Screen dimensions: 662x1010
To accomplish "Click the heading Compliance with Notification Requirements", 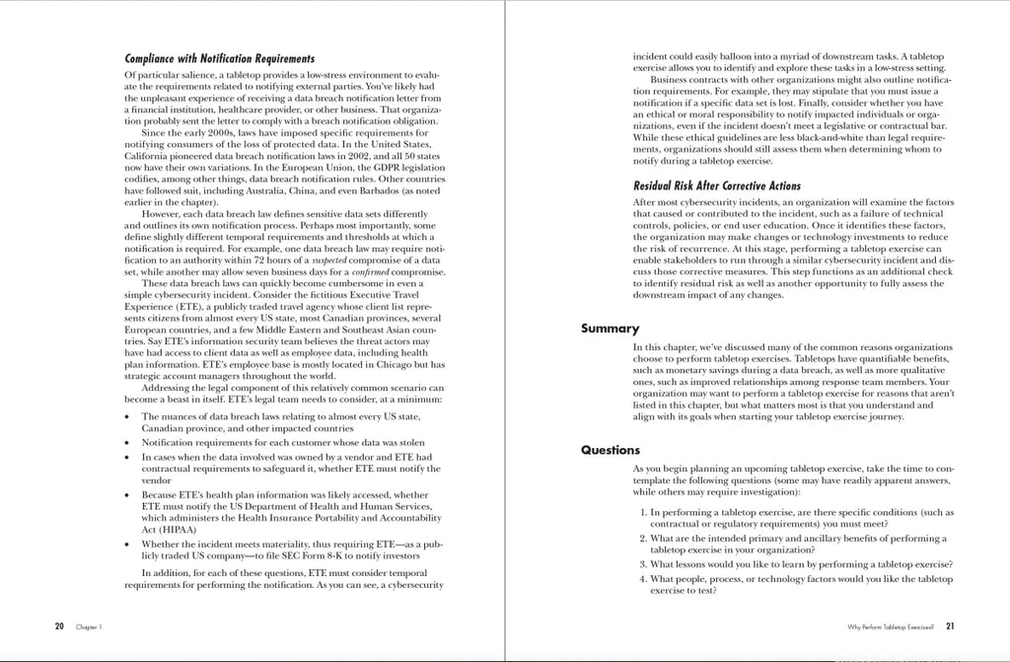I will (x=220, y=59).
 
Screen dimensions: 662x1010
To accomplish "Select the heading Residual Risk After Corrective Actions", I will (x=717, y=185).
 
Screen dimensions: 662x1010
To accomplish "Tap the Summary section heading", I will (x=610, y=329).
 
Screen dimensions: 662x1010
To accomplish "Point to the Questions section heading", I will (x=611, y=450).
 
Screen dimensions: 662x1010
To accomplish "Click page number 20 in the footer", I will (x=60, y=625).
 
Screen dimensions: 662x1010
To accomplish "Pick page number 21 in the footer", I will (x=950, y=625).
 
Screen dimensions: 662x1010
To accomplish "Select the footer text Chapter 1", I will (x=89, y=626).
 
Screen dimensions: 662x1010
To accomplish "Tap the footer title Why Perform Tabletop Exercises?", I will (x=890, y=626).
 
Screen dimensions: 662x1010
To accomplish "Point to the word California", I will (x=151, y=157).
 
